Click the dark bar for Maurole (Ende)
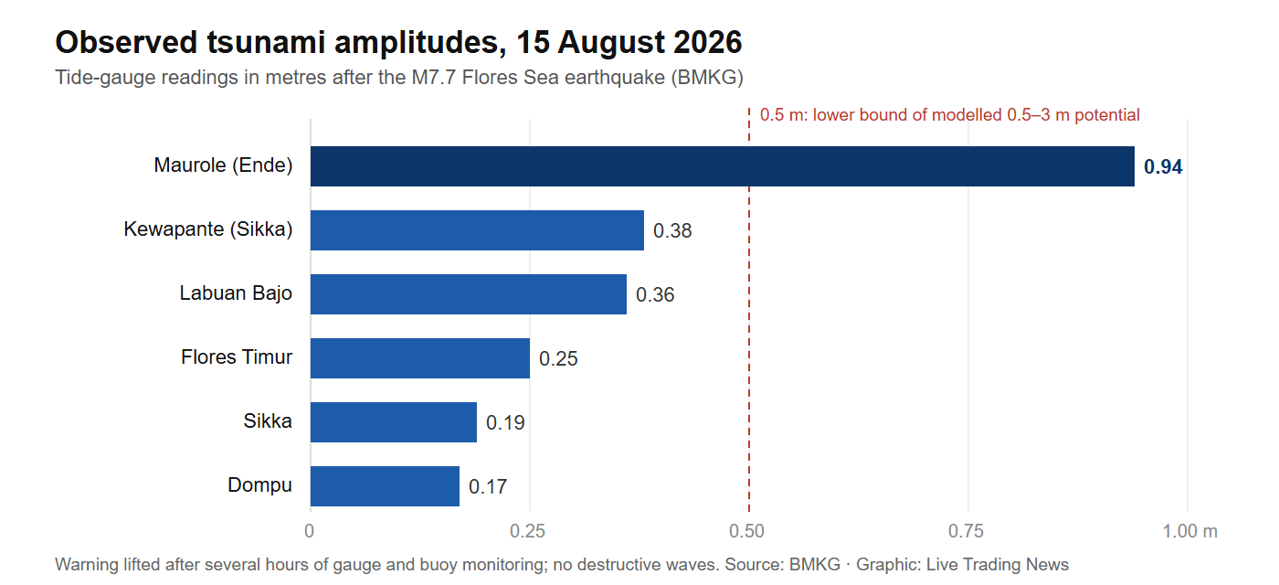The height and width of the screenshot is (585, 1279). [723, 166]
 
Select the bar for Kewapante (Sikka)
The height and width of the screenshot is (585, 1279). [477, 230]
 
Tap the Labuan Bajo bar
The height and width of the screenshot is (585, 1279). [468, 294]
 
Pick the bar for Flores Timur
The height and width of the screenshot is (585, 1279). [420, 358]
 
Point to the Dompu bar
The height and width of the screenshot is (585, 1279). [385, 486]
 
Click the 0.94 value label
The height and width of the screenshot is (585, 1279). [1163, 166]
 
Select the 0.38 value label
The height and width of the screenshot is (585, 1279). [672, 230]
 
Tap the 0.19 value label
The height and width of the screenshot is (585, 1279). [505, 422]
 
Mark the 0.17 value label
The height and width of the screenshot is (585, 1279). [488, 486]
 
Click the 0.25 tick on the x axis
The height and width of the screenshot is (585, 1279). [528, 531]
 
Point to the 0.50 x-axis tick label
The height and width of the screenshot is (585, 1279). [747, 531]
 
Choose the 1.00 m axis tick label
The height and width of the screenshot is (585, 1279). [1189, 531]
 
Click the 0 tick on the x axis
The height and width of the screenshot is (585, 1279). [310, 531]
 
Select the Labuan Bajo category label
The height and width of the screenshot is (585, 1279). [236, 293]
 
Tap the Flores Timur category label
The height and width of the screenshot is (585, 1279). [237, 357]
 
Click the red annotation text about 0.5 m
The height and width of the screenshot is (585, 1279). [949, 115]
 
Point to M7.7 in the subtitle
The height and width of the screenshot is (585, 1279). [434, 77]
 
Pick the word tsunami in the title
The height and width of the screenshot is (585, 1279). [267, 42]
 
